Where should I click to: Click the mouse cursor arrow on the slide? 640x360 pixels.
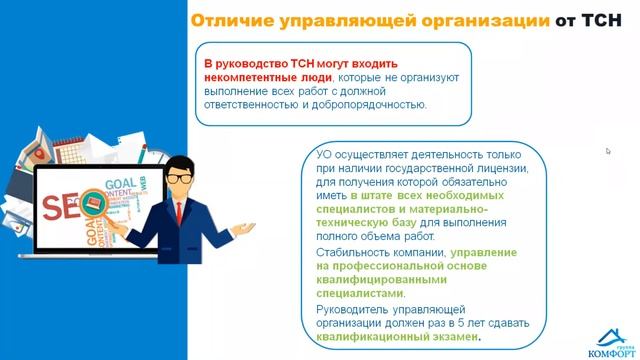(x=608, y=151)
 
